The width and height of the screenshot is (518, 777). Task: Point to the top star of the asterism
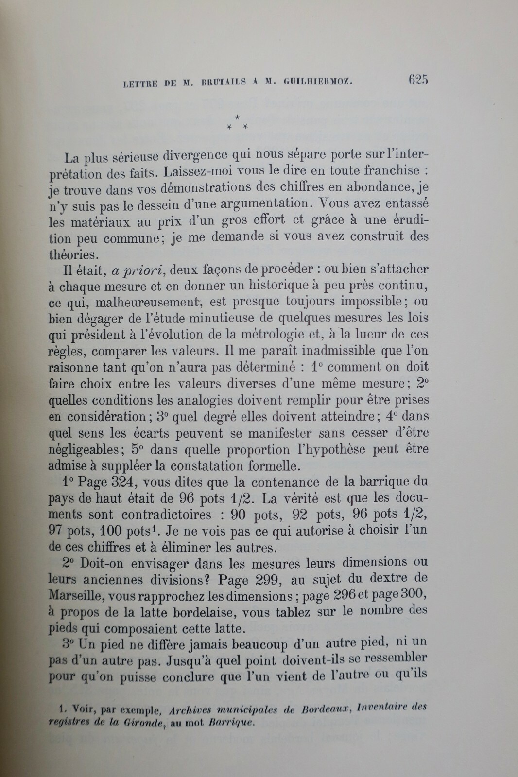[x=238, y=117]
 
